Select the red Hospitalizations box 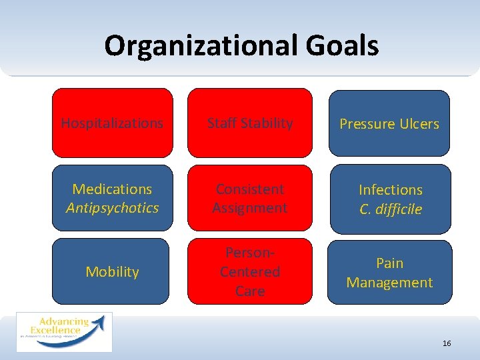(x=112, y=123)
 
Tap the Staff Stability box (x=250, y=123)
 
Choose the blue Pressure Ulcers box (x=389, y=124)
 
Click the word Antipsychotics (x=112, y=208)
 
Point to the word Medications (x=112, y=189)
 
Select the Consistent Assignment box (x=250, y=198)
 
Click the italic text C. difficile (x=391, y=209)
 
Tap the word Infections (x=391, y=190)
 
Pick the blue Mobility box (x=112, y=271)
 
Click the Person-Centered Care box (x=250, y=271)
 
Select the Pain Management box (x=389, y=273)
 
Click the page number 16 (x=447, y=343)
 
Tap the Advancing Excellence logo (x=64, y=331)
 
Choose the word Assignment (x=250, y=208)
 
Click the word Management (x=389, y=283)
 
